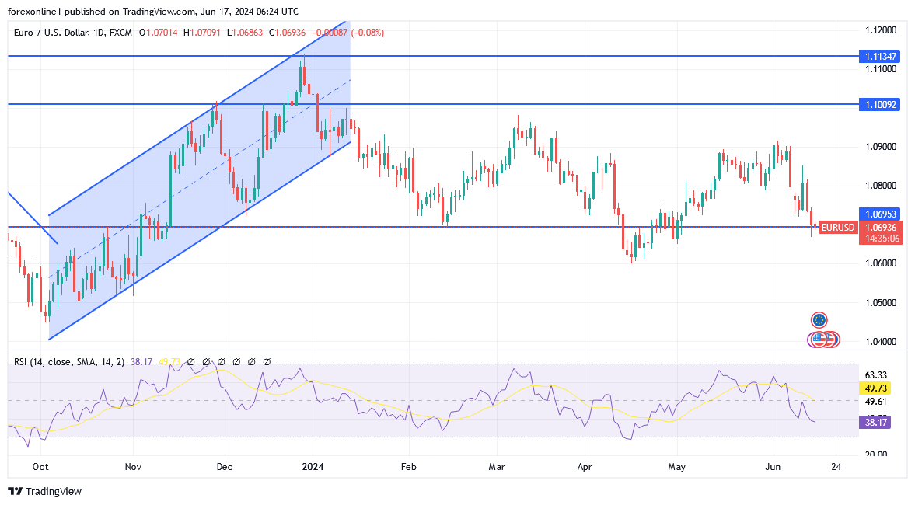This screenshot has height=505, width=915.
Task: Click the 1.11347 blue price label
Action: pyautogui.click(x=881, y=57)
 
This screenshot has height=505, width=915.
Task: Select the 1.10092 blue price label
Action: pyautogui.click(x=881, y=103)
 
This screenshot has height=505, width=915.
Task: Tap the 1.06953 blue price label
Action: pyautogui.click(x=881, y=213)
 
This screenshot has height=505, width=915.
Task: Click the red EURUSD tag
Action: pyautogui.click(x=838, y=228)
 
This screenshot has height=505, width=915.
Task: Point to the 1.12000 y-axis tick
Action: pyautogui.click(x=881, y=30)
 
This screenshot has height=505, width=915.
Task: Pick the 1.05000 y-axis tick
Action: pyautogui.click(x=881, y=302)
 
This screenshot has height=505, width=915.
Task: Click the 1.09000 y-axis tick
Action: pyautogui.click(x=881, y=147)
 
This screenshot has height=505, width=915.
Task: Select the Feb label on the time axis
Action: pyautogui.click(x=408, y=467)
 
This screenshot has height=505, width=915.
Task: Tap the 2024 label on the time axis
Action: pyautogui.click(x=313, y=467)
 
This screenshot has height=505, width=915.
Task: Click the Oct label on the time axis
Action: pyautogui.click(x=40, y=467)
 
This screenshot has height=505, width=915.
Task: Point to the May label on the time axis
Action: pyautogui.click(x=677, y=467)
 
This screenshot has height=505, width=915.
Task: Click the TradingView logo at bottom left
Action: pyautogui.click(x=44, y=491)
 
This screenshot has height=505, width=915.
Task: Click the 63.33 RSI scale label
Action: pyautogui.click(x=875, y=374)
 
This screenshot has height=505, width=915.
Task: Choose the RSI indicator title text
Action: pyautogui.click(x=69, y=361)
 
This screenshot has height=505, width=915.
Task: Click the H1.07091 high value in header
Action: pyautogui.click(x=204, y=33)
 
